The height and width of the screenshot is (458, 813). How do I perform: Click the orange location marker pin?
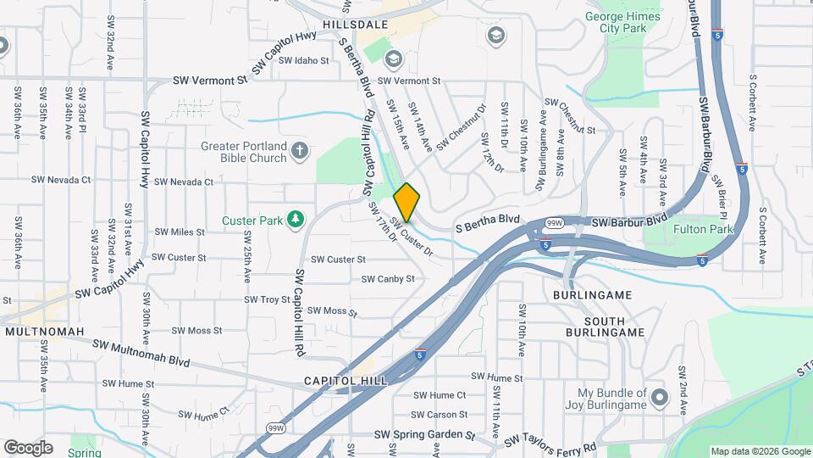406,202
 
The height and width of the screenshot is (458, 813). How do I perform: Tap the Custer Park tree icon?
295,221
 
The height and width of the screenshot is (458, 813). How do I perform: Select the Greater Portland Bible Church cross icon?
298,152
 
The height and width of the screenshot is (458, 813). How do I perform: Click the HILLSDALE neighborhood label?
355,25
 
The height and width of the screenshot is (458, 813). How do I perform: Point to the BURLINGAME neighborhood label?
593,294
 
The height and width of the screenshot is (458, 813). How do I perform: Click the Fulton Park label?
702,230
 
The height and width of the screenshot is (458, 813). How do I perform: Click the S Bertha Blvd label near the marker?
487,222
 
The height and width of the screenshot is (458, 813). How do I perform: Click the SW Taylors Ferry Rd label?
550,444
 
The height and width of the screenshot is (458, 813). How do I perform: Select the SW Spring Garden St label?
423,435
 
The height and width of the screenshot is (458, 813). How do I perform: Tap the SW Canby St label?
388,278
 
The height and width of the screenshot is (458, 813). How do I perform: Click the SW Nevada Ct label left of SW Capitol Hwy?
61,180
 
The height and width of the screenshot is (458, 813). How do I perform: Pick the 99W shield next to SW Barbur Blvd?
554,223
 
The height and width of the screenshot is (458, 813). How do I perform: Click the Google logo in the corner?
28,447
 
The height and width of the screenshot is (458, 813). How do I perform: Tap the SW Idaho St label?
303,60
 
